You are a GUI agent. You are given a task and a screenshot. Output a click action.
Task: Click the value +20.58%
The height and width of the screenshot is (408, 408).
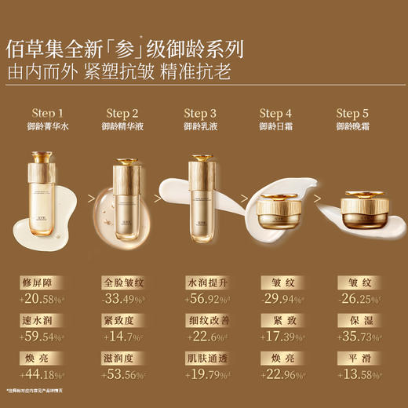click(40, 298)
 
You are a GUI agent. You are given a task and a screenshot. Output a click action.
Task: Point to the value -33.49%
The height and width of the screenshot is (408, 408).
click(123, 298)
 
